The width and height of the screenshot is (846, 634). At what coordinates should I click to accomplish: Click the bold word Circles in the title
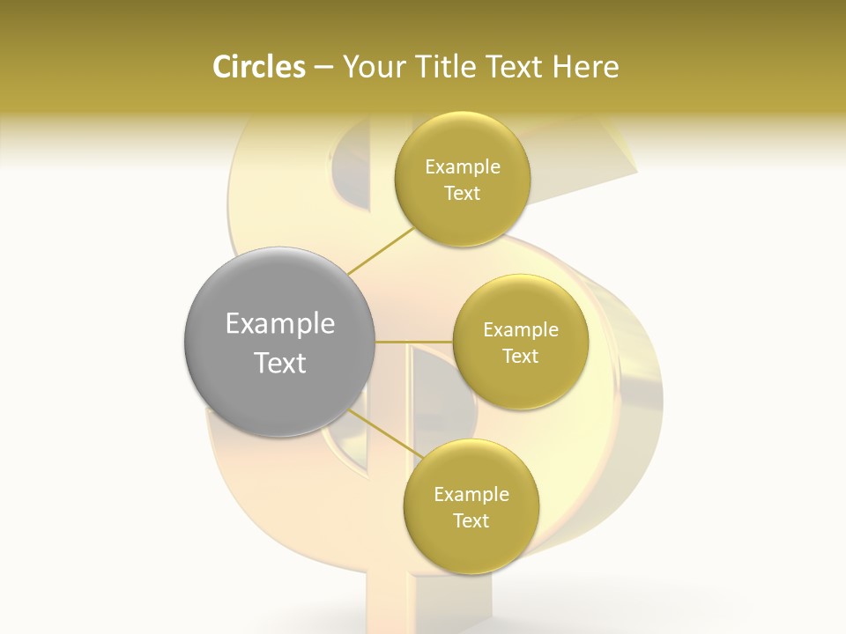(258, 67)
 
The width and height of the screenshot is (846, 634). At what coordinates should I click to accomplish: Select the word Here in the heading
(587, 67)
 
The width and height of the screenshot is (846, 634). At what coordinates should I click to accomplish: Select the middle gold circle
(521, 299)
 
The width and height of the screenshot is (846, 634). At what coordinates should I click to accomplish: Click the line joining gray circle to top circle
(381, 251)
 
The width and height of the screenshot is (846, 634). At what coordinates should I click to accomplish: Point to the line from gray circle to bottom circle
(383, 432)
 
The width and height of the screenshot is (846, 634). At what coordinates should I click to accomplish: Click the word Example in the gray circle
(279, 325)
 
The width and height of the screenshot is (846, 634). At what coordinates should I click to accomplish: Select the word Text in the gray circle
(279, 363)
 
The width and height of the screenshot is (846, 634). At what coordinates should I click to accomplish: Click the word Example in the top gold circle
(463, 167)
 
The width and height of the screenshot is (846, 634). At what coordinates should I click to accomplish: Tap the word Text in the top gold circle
(463, 194)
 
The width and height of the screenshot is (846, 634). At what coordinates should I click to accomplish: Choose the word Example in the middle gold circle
(521, 330)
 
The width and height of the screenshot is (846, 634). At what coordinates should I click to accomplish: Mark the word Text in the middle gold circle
(521, 356)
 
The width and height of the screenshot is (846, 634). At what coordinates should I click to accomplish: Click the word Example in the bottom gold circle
(471, 495)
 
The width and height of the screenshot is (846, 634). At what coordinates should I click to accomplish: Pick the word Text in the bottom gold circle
(471, 520)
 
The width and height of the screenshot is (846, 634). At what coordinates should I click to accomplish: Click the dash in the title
(323, 67)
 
